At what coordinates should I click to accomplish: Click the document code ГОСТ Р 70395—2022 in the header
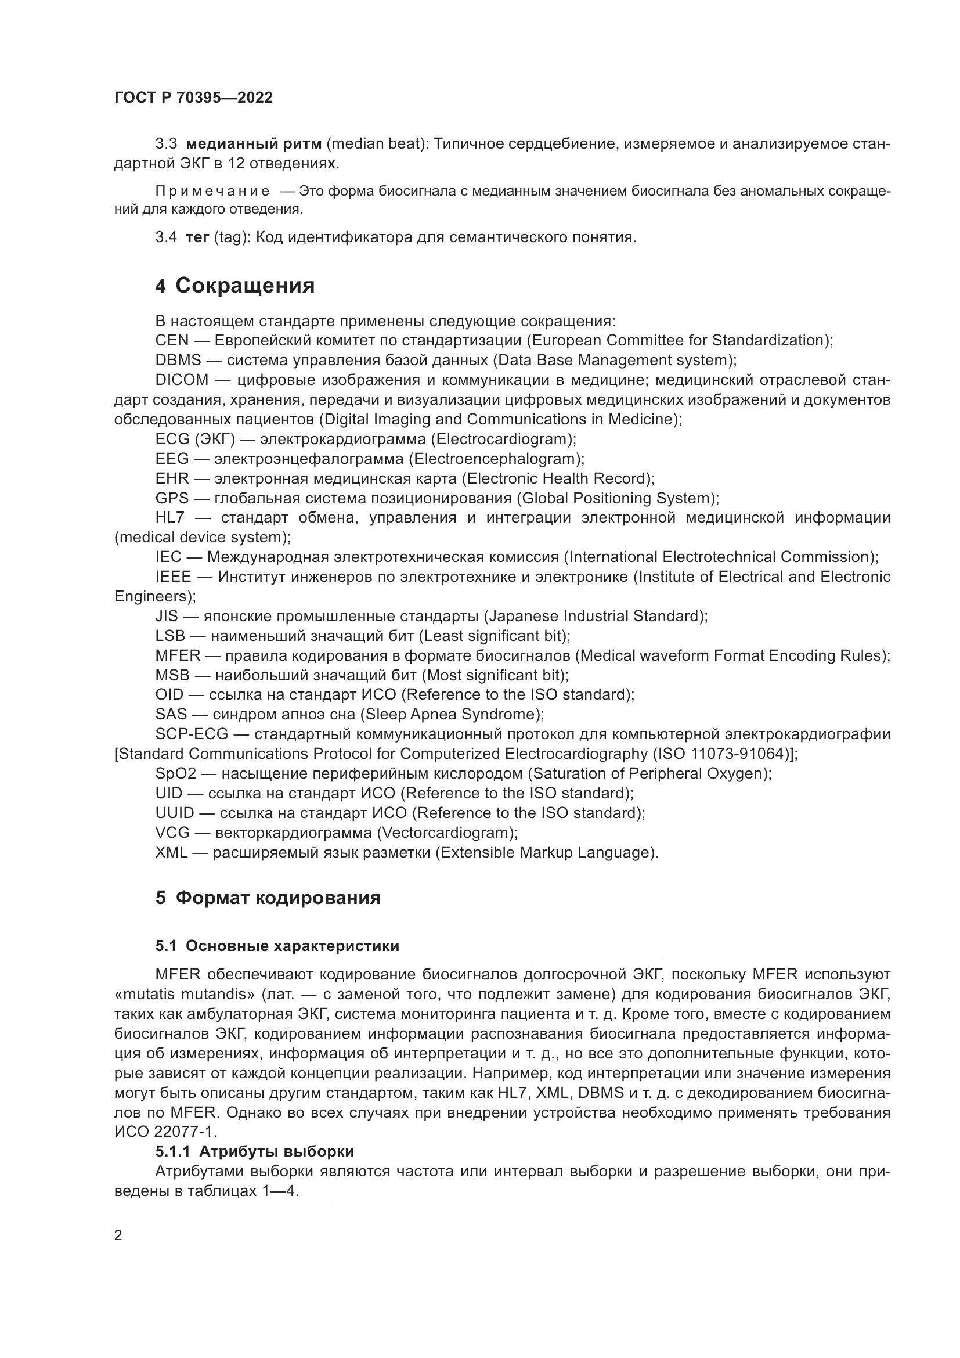click(193, 98)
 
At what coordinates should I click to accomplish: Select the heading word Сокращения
click(246, 286)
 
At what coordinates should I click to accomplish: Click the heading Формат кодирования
click(279, 897)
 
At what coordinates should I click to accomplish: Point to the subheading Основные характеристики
click(292, 946)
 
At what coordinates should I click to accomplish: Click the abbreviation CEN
click(172, 341)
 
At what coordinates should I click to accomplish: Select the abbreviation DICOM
click(182, 380)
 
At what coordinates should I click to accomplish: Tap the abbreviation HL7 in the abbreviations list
click(169, 517)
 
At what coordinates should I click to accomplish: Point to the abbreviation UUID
click(174, 813)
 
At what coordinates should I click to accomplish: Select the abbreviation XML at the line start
click(171, 852)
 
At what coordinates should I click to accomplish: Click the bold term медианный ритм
click(254, 144)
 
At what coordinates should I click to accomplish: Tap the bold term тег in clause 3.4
click(197, 238)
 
